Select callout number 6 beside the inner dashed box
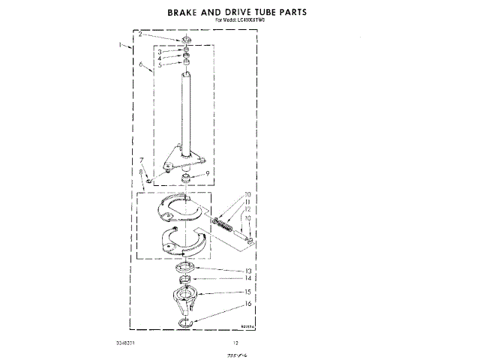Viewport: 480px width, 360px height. click(x=141, y=65)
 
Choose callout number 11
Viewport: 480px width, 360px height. click(x=248, y=202)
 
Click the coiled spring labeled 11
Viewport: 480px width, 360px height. click(x=225, y=223)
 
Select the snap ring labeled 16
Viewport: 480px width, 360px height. click(x=184, y=322)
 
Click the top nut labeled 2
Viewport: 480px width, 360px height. click(x=185, y=39)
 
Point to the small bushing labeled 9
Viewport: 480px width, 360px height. click(x=185, y=178)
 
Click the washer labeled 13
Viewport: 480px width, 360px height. click(x=184, y=269)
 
